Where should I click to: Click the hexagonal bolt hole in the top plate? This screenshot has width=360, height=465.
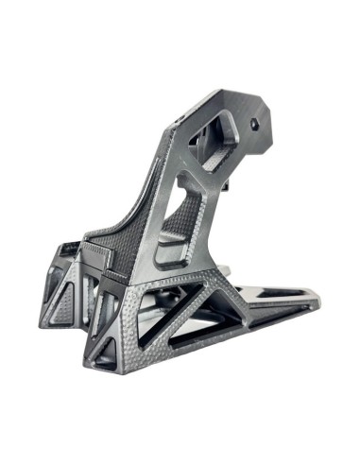253,123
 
